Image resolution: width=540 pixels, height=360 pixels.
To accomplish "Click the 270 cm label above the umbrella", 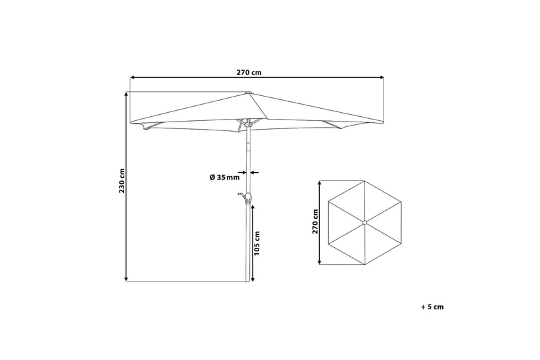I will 249,72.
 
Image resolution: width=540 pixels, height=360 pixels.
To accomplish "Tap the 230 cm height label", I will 122,180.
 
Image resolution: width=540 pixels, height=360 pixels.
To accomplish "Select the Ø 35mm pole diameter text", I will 224,177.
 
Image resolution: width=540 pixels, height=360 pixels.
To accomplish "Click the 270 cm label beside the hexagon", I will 315,221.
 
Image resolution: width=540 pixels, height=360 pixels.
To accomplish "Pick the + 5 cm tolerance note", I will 432,307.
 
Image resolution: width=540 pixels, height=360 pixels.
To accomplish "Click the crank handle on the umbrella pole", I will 242,197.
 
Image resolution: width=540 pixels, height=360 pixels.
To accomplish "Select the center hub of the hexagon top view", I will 364,222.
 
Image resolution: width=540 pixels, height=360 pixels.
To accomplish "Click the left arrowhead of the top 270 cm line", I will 132,78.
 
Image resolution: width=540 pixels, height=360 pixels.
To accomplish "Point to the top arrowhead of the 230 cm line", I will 126,95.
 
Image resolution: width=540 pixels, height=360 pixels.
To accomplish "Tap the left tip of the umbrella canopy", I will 131,123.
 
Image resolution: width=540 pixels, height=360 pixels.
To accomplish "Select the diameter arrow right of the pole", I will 254,172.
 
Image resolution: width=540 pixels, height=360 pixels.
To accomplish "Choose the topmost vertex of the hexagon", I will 364,181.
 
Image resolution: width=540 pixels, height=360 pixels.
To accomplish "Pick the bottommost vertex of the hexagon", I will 364,263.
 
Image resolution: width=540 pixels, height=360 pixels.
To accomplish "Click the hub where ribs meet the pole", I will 248,123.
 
